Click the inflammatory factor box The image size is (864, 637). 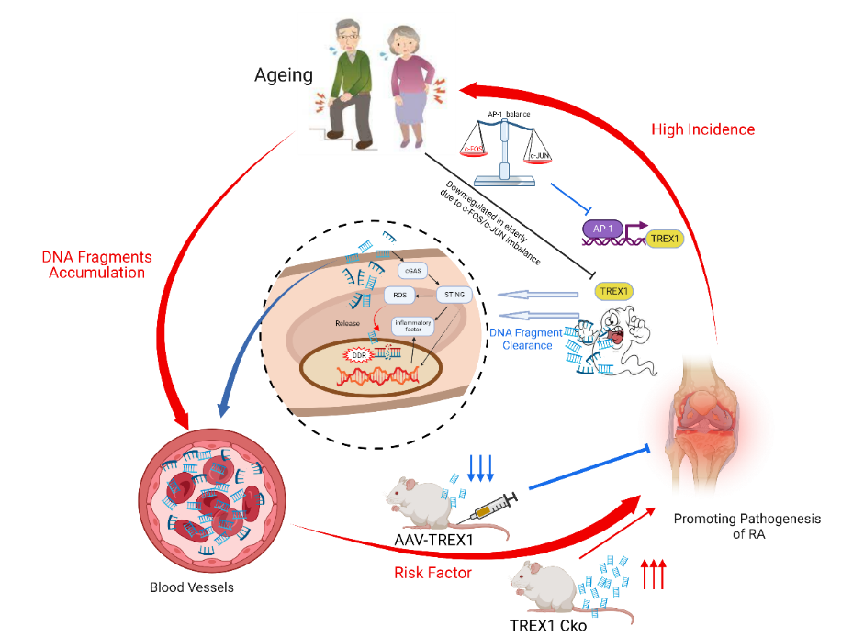407,326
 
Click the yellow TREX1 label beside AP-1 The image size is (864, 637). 665,239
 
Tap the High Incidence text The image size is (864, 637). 702,129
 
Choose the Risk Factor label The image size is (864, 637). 432,573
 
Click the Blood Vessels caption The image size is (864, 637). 192,587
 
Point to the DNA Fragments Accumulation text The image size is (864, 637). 96,264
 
